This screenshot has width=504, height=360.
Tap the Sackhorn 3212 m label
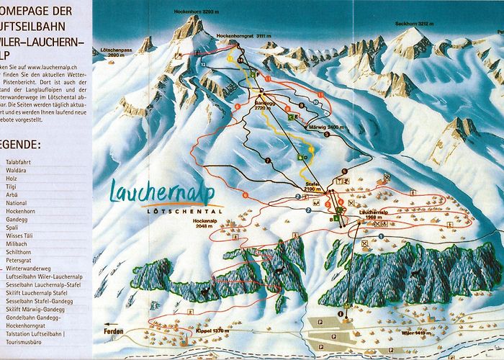click(414, 24)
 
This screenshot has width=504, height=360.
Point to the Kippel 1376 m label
click(171, 331)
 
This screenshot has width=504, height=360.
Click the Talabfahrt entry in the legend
click(19, 163)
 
